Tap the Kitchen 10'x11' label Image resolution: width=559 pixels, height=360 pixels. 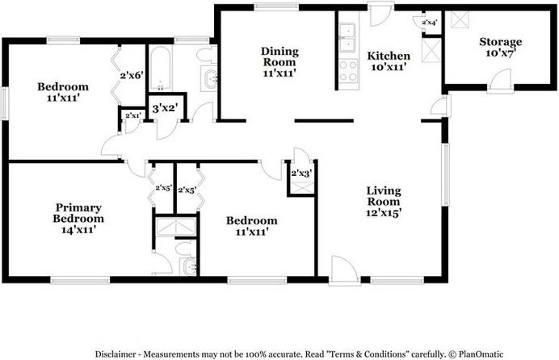tap(389, 61)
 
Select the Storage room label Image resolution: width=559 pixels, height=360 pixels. tap(500, 48)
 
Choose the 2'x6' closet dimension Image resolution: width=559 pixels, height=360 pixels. tap(131, 75)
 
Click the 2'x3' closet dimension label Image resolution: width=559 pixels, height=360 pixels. tap(301, 172)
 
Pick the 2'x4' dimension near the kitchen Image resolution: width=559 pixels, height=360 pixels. tap(430, 23)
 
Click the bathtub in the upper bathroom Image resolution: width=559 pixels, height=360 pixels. tap(161, 69)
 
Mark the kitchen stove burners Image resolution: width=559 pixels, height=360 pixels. tap(350, 69)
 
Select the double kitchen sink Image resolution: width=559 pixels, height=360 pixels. tap(350, 35)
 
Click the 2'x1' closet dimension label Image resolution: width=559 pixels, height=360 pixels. tap(131, 116)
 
